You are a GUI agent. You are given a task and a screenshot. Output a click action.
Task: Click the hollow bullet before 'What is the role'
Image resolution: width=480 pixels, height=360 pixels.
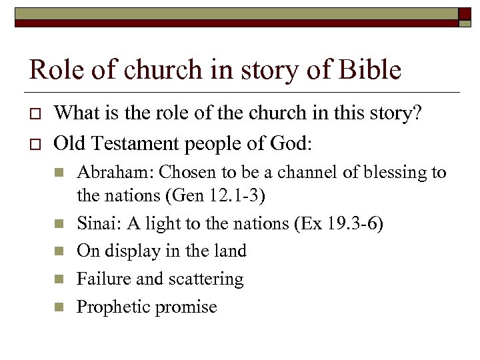tap(36, 115)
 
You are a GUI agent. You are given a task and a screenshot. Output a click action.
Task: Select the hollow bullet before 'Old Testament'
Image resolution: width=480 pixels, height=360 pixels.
tap(36, 143)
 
